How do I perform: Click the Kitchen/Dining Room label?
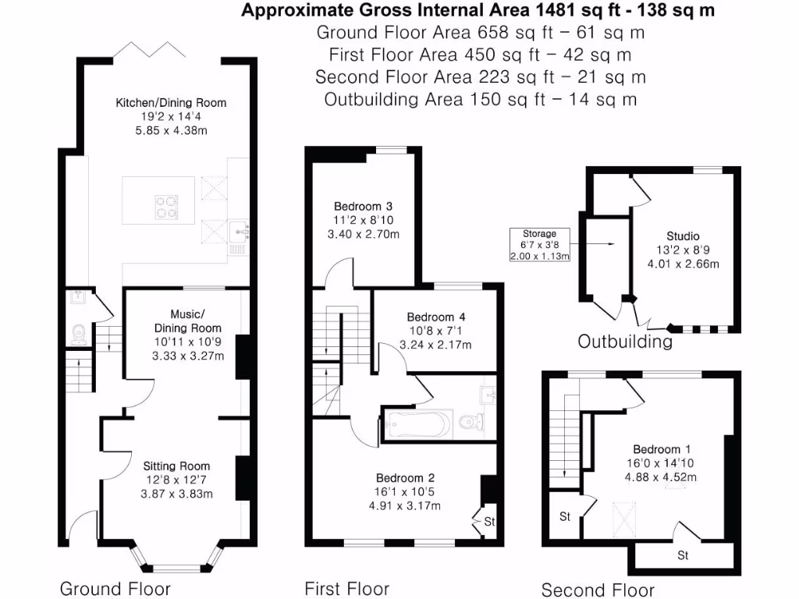tap(171, 103)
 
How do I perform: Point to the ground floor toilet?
tap(78, 336)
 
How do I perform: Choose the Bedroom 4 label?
tap(436, 317)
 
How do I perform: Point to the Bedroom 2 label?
tap(405, 478)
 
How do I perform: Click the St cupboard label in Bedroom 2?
tap(490, 520)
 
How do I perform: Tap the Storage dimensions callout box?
tap(540, 245)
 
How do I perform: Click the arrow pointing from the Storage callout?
tap(601, 244)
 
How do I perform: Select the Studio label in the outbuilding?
tap(683, 236)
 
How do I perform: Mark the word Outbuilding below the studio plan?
tap(624, 342)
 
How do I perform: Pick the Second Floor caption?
tap(598, 590)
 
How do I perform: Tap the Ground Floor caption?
tap(115, 588)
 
